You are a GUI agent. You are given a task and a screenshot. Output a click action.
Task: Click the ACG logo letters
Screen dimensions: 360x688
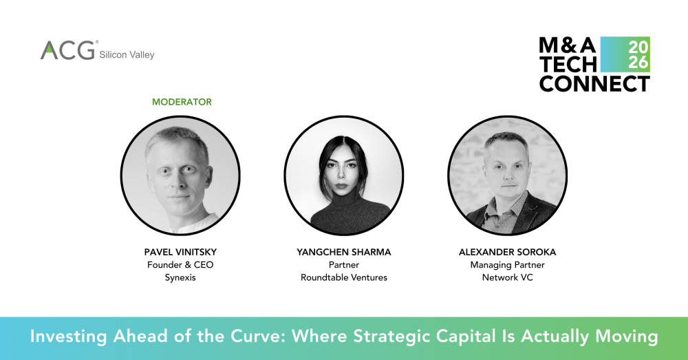[67, 50]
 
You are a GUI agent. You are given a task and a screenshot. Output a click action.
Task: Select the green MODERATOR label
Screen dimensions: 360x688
[182, 102]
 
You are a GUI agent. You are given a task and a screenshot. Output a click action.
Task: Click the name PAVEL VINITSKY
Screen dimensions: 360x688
[180, 253]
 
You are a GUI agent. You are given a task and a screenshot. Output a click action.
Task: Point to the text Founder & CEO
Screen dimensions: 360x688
[180, 265]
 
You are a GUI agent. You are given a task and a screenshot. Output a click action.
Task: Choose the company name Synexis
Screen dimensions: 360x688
[180, 277]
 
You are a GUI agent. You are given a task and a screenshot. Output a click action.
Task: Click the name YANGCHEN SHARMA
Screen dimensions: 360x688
[344, 253]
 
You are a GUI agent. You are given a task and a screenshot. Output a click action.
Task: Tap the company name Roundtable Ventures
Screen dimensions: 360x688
[344, 277]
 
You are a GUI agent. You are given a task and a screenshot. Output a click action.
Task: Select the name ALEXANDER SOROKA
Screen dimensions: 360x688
[507, 253]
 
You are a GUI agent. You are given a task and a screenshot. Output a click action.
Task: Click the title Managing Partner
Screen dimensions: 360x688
[507, 265]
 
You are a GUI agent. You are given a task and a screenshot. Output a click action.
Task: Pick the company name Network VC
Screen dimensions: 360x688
[507, 277]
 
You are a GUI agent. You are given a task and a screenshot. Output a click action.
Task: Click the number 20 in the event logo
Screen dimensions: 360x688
[636, 47]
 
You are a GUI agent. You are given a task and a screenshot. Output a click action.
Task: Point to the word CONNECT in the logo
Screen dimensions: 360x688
[594, 84]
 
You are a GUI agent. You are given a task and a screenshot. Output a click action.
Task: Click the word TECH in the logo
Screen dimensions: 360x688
[568, 65]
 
